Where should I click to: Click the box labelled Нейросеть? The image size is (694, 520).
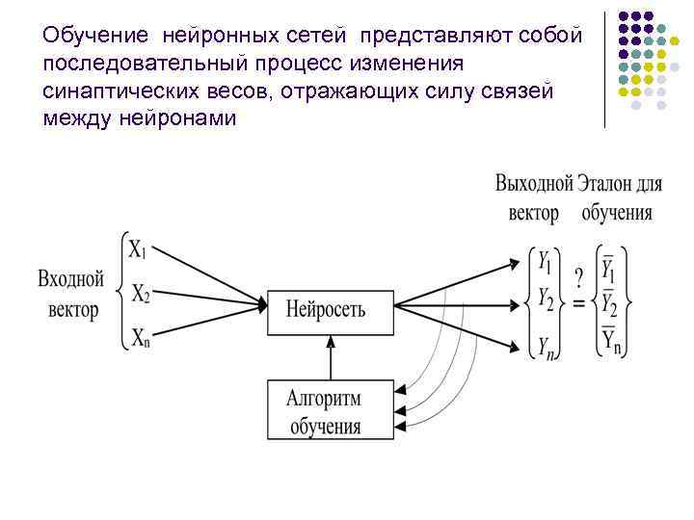coord(330,311)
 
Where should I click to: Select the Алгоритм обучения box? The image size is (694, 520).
coord(330,409)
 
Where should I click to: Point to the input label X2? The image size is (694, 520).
coord(141,292)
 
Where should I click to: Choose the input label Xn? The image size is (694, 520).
coord(140,336)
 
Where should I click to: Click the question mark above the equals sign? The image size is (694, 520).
coord(578,278)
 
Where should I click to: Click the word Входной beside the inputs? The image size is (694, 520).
coord(70,281)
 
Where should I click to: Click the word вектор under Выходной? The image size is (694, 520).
coord(533,213)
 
